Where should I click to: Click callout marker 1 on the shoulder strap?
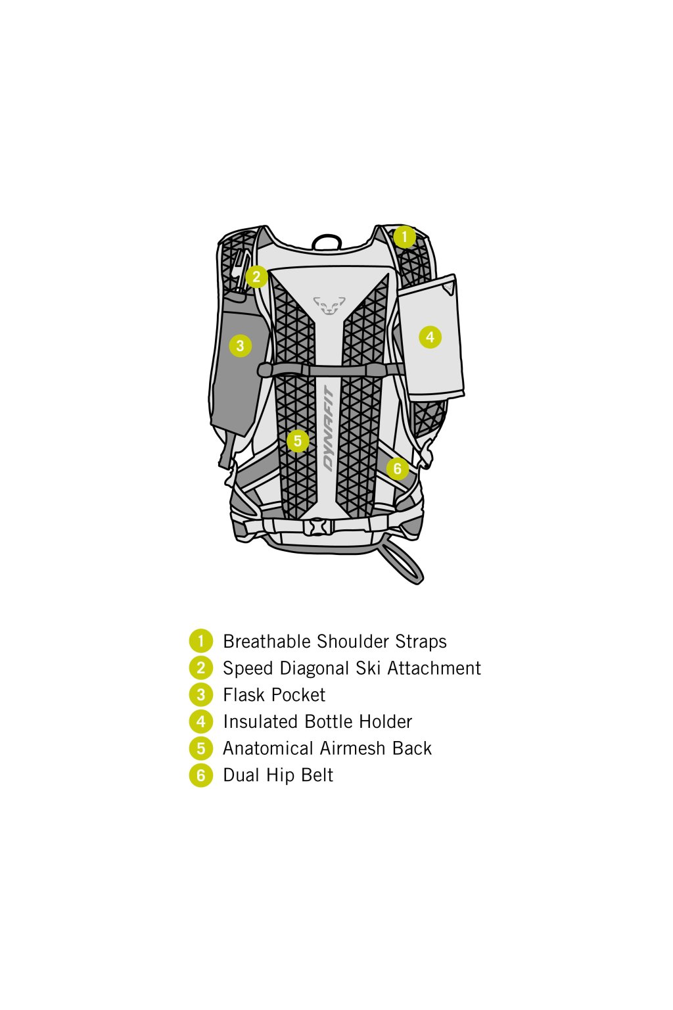[405, 236]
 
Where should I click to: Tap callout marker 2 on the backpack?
[256, 277]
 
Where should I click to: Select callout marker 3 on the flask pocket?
[240, 345]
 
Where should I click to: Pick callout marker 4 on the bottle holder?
[430, 337]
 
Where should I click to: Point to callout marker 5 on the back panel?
[298, 441]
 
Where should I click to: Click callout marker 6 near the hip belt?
[397, 469]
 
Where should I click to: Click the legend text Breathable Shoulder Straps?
[335, 641]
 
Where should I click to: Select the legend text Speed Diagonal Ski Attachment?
[352, 668]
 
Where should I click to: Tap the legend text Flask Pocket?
[274, 695]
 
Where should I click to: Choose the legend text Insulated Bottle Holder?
[317, 721]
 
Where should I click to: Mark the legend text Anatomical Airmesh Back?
[327, 748]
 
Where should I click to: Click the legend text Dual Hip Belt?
[278, 775]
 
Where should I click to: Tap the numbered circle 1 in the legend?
[201, 641]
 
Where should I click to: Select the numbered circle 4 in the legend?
[201, 721]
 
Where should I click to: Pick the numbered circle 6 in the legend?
[201, 775]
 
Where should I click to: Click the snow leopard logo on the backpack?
[329, 305]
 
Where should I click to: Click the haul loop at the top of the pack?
[327, 241]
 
